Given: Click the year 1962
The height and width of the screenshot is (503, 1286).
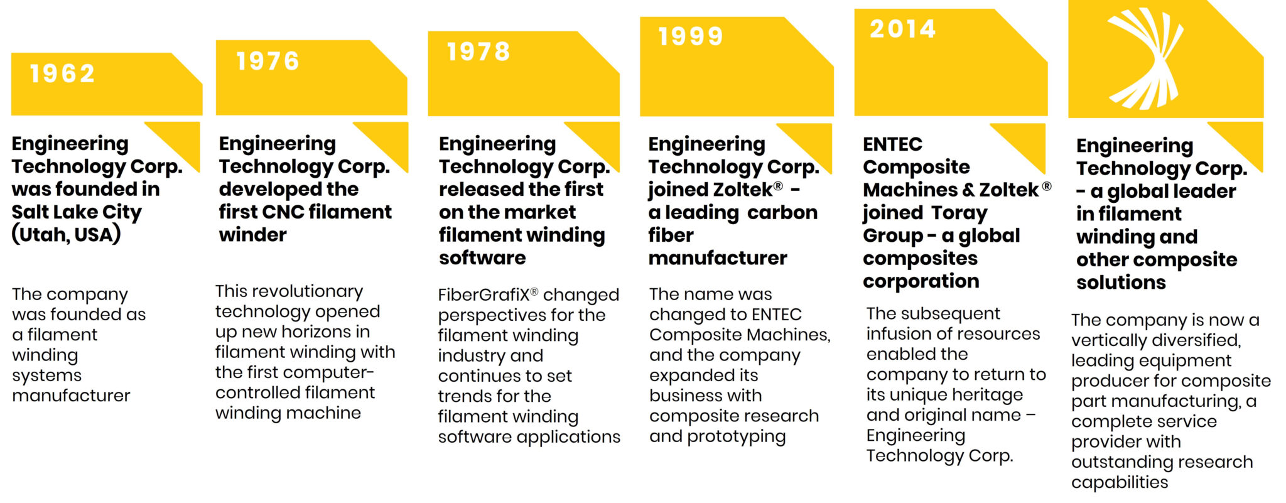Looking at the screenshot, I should (62, 74).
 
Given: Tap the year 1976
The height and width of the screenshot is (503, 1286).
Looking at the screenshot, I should (267, 62).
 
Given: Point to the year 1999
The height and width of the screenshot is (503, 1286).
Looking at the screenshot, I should (691, 36).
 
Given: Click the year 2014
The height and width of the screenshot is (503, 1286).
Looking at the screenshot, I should (902, 29).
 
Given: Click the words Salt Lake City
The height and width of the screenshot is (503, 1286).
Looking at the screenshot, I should (77, 212).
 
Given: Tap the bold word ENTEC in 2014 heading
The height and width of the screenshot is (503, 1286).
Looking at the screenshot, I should (892, 144).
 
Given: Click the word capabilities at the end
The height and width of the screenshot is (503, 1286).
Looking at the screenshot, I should (1120, 482).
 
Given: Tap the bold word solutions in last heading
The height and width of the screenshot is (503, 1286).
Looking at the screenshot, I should (1121, 283).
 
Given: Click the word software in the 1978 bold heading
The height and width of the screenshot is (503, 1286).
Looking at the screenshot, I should (482, 258).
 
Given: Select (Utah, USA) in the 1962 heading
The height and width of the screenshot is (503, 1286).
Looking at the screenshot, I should (66, 235).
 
